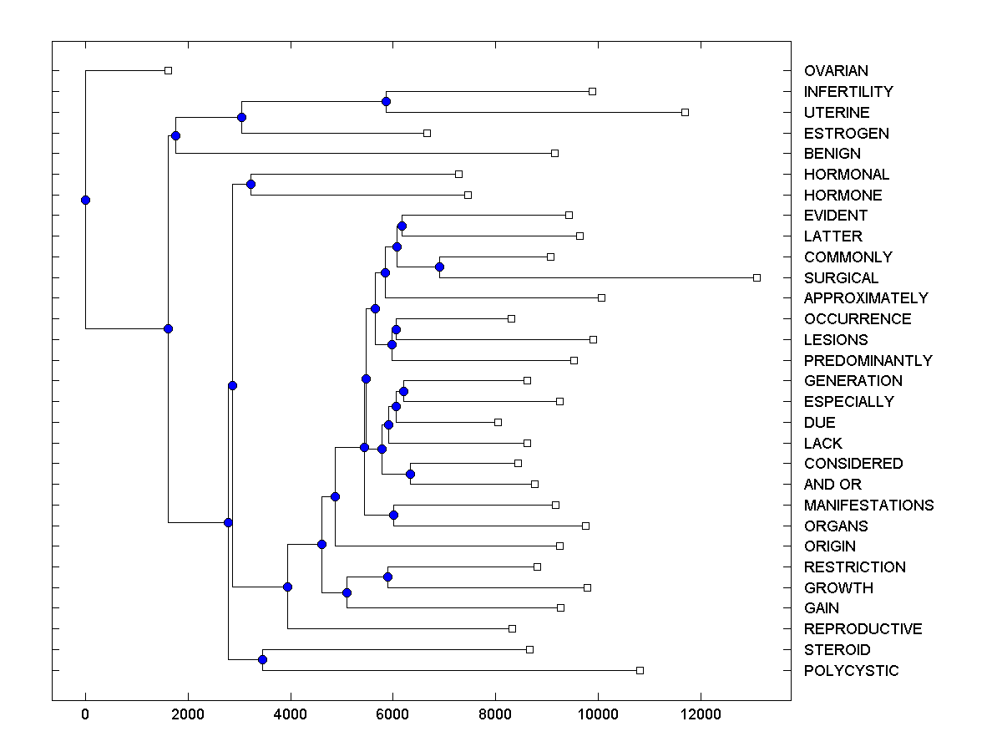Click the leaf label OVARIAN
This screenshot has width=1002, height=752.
point(836,71)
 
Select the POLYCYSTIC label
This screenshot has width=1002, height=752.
point(851,671)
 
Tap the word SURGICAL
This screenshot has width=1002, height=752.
point(841,278)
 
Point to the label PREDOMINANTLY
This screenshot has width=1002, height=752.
point(868,361)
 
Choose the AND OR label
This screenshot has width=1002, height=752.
point(832,485)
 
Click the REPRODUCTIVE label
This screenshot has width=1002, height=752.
point(863,629)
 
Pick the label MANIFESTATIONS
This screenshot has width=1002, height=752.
point(868,506)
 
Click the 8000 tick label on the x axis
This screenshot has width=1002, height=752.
point(495,713)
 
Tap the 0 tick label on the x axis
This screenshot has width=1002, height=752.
point(85,713)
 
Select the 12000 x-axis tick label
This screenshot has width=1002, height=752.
point(700,713)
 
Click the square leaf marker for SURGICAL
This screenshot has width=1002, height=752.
point(757,277)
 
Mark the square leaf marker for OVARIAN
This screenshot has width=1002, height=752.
point(168,70)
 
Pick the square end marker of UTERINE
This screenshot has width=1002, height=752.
point(685,112)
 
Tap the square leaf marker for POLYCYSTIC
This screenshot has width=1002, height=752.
point(640,670)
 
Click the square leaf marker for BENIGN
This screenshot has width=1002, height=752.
point(554,153)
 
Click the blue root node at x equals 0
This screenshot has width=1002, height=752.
point(85,200)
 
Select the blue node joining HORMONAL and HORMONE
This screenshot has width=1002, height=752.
point(250,184)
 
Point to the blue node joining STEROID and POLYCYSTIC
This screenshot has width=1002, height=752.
point(262,660)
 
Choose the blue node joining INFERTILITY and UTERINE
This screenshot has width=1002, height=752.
point(386,101)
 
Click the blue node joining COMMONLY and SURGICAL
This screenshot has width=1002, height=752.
point(439,267)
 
